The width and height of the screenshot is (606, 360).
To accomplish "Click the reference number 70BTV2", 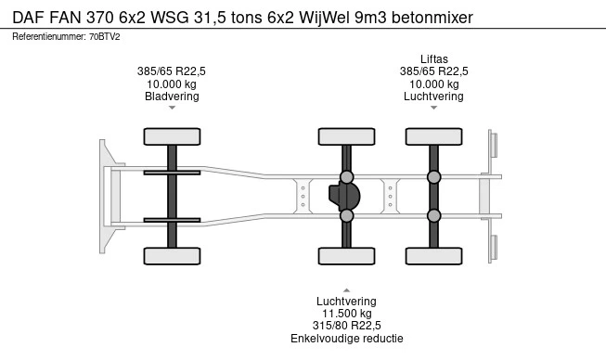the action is pyautogui.click(x=104, y=37).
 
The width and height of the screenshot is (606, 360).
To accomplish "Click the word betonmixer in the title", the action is pyautogui.click(x=432, y=18).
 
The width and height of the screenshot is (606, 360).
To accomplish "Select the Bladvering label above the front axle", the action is pyautogui.click(x=172, y=96).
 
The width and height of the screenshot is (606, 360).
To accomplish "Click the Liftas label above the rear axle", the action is pyautogui.click(x=434, y=59).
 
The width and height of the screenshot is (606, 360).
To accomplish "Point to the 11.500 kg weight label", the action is pyautogui.click(x=347, y=314).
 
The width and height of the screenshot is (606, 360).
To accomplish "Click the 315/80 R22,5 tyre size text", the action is pyautogui.click(x=347, y=326).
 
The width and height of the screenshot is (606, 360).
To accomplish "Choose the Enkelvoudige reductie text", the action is pyautogui.click(x=347, y=339).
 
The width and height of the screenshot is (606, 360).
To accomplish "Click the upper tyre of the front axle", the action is pyautogui.click(x=172, y=136).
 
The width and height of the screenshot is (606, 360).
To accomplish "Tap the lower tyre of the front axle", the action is pyautogui.click(x=172, y=256).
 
